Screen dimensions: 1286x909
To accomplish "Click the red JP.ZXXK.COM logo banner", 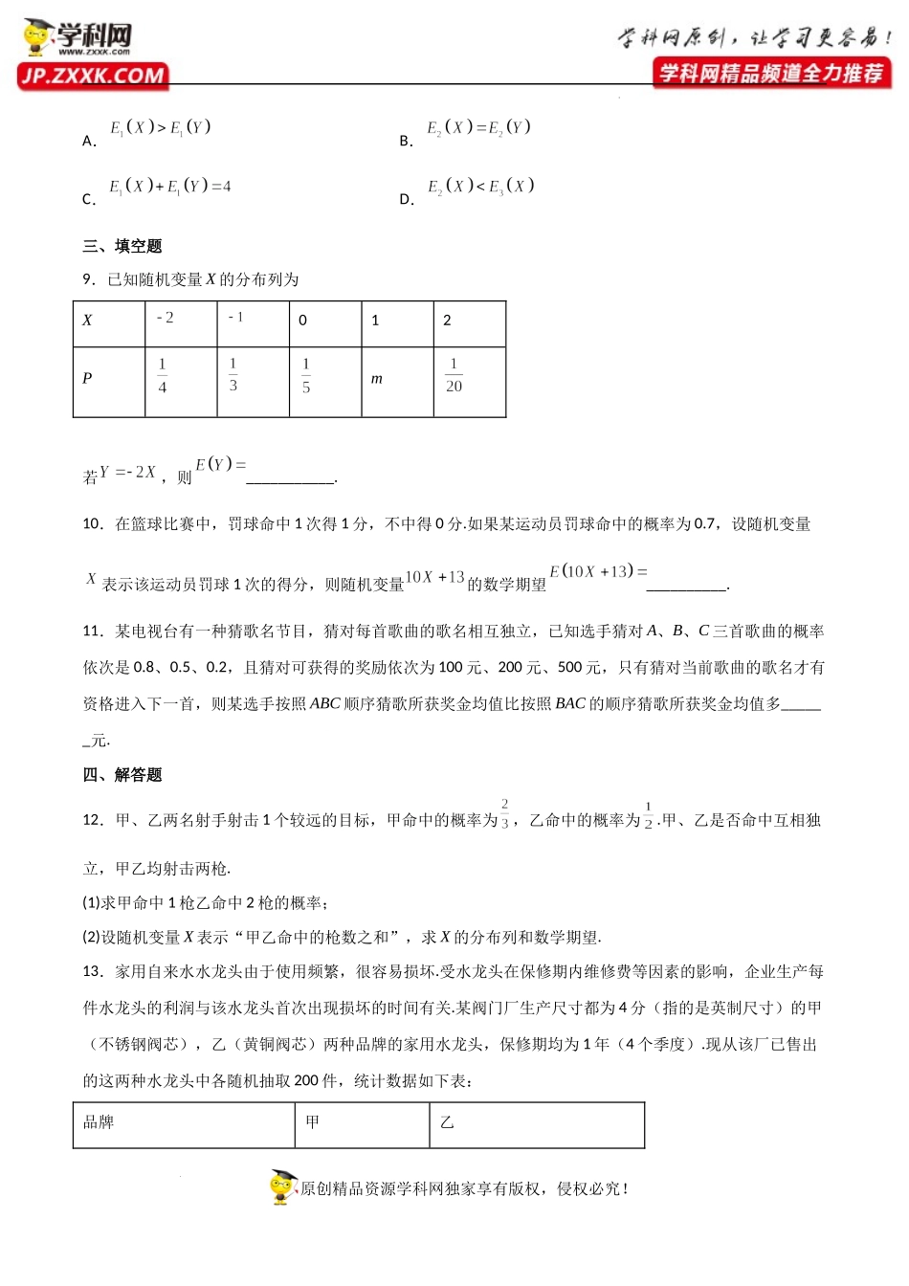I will tap(93, 76).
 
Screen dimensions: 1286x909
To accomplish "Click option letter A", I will tap(89, 141).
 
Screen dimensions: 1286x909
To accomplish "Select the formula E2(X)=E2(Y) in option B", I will tap(477, 127).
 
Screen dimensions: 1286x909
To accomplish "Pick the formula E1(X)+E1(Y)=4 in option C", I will tap(169, 186).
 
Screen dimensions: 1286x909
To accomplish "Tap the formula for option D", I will tap(480, 186).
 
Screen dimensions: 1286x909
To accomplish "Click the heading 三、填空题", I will tap(122, 246).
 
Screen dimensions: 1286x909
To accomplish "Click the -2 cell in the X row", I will tap(165, 318).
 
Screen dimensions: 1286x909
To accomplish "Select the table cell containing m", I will tap(377, 379).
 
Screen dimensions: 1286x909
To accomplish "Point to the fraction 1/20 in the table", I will tap(454, 375).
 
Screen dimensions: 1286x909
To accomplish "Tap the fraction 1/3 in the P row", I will tap(233, 374).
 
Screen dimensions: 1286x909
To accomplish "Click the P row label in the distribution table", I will tap(87, 378).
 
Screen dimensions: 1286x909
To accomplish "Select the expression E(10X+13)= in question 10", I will tap(598, 571).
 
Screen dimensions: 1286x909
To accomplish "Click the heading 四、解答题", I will tap(122, 774).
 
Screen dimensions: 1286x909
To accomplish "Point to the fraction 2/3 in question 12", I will tap(504, 813).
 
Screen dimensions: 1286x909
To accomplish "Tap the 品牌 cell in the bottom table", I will tap(99, 1121).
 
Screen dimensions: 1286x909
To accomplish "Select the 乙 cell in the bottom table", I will tap(447, 1121).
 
